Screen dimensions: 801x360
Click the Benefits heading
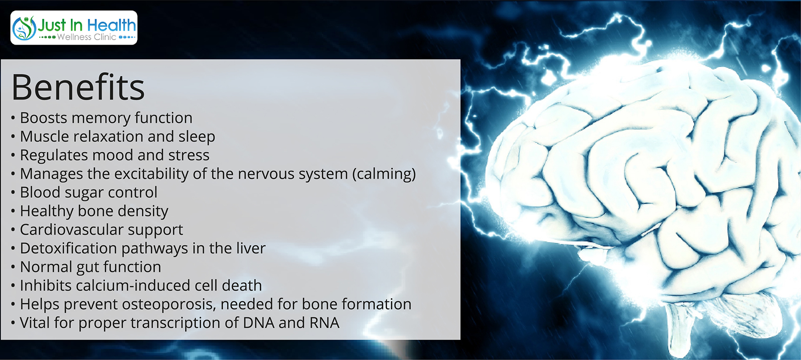78,87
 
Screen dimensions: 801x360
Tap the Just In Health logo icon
24,28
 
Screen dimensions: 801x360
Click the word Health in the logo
111,25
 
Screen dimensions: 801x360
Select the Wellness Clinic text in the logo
87,37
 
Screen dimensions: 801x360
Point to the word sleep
197,137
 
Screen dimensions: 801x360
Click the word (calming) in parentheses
384,174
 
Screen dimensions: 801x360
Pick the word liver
250,248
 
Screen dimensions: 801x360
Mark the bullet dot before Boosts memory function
13,118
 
